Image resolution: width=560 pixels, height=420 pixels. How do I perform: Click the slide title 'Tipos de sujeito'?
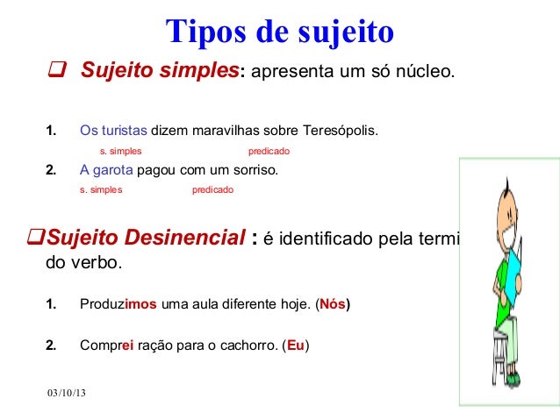point(280,32)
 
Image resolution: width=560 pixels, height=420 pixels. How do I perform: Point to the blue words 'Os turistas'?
point(113,132)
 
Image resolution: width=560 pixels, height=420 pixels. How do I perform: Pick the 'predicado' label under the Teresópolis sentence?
point(269,151)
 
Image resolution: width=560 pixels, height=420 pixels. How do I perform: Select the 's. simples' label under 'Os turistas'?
point(120,151)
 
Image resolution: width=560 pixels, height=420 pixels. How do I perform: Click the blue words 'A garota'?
point(107,170)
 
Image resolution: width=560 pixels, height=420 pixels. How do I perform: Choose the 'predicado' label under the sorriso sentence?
point(212,189)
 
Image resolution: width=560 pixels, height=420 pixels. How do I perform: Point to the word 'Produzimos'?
point(118,305)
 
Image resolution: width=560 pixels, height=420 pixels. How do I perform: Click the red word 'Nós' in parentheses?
point(333,305)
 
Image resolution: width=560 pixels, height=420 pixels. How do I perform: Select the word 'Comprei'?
point(107,345)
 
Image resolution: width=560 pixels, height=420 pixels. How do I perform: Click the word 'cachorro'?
point(252,345)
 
